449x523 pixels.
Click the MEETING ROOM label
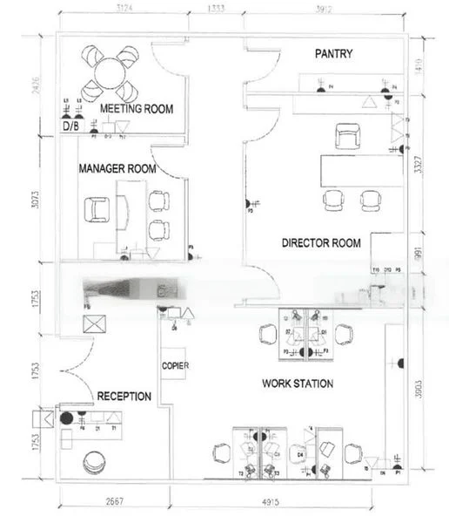tap(137, 109)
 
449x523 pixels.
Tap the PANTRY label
tap(333, 54)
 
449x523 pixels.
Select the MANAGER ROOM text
tap(117, 167)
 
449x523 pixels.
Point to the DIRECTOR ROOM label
tap(321, 243)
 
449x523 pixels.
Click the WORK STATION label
tap(298, 384)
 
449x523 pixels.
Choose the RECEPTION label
tap(124, 397)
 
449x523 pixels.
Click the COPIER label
tap(175, 365)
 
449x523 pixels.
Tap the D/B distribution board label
tap(70, 126)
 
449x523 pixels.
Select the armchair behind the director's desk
tap(349, 135)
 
